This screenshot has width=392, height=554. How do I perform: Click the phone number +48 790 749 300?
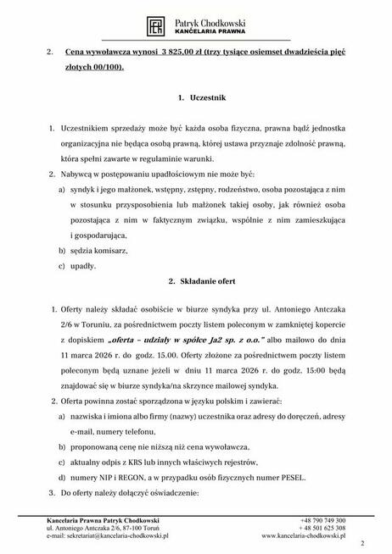[322, 519]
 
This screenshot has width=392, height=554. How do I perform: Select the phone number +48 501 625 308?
[322, 527]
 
